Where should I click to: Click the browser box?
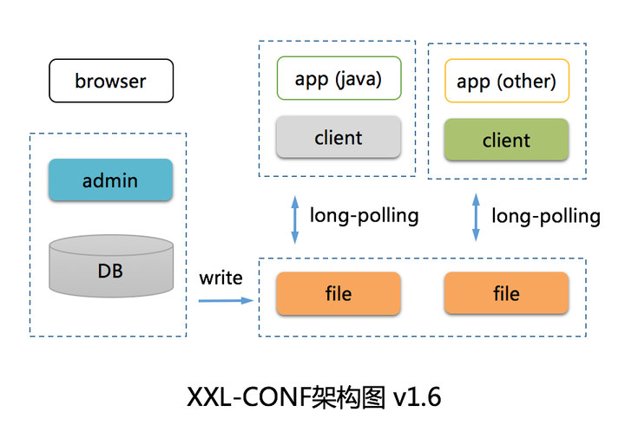click(111, 82)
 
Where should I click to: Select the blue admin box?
click(110, 180)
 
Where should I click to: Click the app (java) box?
click(339, 79)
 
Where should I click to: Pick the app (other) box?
click(506, 82)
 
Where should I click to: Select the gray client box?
click(339, 137)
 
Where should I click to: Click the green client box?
click(506, 140)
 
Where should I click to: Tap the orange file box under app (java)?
click(339, 293)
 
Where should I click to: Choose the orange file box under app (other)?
click(506, 293)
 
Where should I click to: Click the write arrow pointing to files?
click(225, 300)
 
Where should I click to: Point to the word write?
click(221, 278)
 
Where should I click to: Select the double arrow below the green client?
click(476, 218)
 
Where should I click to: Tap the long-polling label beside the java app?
click(365, 215)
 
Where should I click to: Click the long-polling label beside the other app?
click(546, 215)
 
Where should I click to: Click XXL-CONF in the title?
click(245, 397)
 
